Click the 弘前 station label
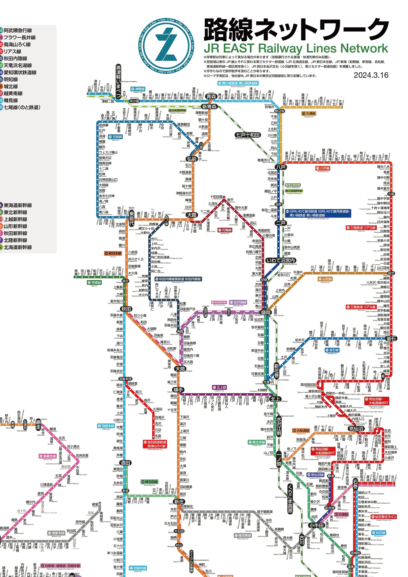click(192, 159)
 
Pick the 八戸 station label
click(281, 167)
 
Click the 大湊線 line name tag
click(309, 114)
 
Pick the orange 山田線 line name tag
click(325, 279)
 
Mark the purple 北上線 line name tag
click(219, 387)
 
